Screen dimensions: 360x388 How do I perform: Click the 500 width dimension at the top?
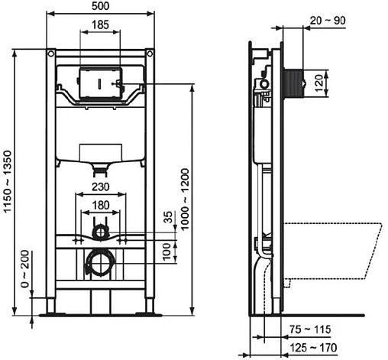[99, 6]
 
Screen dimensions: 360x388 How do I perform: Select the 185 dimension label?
[99, 25]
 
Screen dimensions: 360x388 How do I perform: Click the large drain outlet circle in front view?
[99, 264]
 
